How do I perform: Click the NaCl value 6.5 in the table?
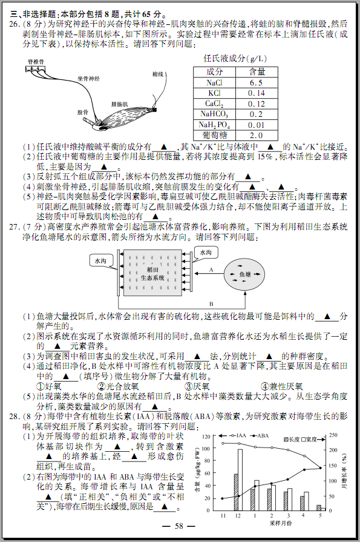pos(256,82)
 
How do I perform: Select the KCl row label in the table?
pos(214,93)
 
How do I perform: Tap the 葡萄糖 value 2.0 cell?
pos(256,135)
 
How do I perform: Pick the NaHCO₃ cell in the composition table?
pos(214,114)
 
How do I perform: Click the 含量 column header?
pos(257,71)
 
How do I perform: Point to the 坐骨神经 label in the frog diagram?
pos(88,79)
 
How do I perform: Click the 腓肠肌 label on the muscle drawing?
pos(120,104)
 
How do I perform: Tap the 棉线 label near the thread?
pos(158,74)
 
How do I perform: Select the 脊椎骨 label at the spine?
pos(36,62)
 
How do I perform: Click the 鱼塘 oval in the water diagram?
pos(244,275)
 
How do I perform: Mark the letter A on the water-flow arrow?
pos(211,270)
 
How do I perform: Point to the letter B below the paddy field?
pos(211,304)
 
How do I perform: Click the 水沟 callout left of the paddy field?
pos(100,261)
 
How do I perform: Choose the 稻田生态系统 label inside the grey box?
pos(152,274)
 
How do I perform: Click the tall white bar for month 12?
pos(240,480)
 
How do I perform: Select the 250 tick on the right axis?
pos(333,435)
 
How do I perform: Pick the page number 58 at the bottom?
pos(179,526)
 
